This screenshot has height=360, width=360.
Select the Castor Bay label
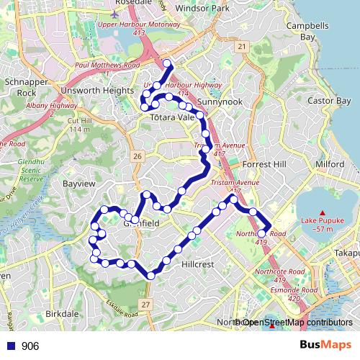(x=328, y=102)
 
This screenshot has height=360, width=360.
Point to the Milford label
(x=329, y=164)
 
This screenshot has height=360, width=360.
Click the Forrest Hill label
(x=264, y=164)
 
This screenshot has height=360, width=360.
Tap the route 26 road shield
(x=138, y=156)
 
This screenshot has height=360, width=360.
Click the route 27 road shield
(x=145, y=305)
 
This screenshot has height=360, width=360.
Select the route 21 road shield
(x=242, y=47)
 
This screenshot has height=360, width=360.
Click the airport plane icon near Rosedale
(x=117, y=13)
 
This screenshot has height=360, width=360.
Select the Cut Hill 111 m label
(x=78, y=125)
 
